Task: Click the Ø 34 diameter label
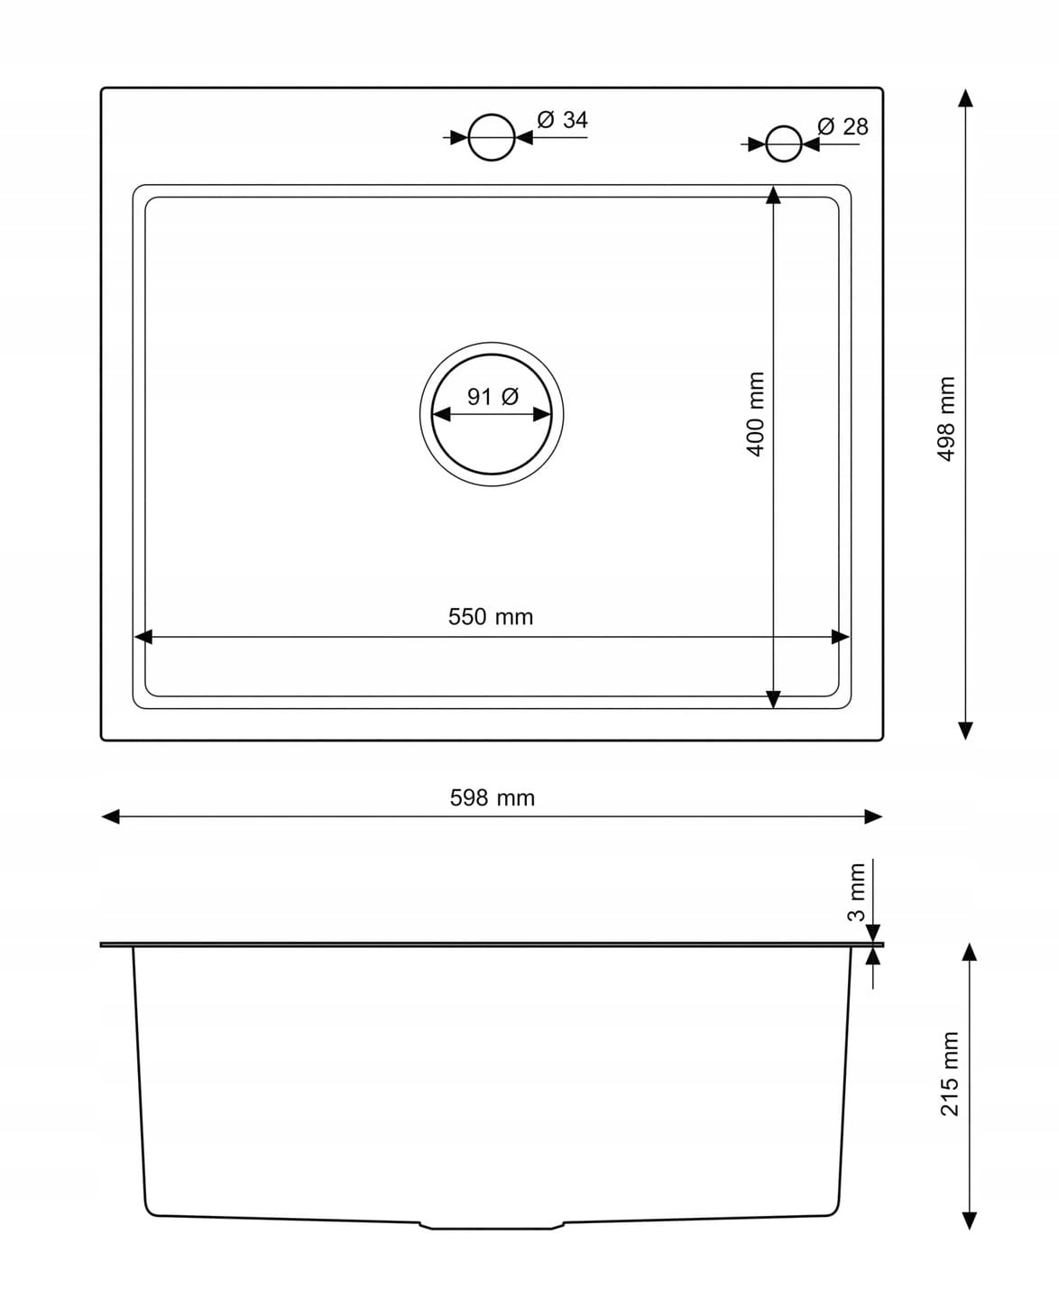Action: (562, 119)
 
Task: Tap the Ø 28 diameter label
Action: (843, 126)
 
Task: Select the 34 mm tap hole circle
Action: (491, 114)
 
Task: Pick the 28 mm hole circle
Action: (784, 126)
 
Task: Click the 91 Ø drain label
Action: (493, 397)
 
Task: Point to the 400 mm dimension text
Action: (755, 414)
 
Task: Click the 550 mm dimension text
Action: (491, 616)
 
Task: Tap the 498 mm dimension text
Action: (945, 419)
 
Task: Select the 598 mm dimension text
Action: (493, 797)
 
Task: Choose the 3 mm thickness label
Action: (856, 892)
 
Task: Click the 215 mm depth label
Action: (949, 1073)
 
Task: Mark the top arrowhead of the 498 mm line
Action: (965, 98)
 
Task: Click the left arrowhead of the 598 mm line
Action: (110, 817)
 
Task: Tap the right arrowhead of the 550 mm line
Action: (841, 637)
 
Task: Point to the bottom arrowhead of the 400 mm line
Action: (773, 699)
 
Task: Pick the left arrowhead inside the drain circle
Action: (442, 415)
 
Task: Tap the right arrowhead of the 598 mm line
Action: (873, 817)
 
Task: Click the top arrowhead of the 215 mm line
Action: (969, 953)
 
